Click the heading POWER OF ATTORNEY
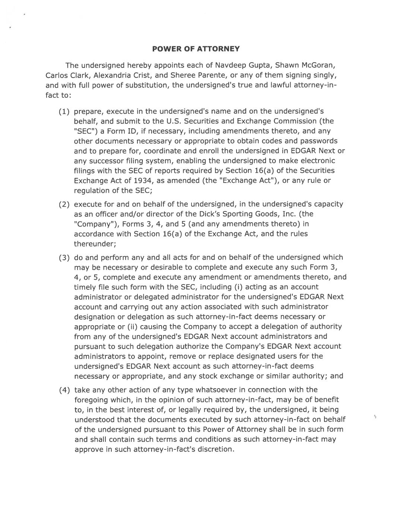pos(196,49)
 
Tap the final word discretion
pos(216,449)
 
